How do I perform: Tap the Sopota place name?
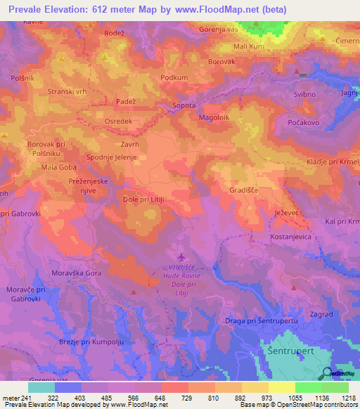pyautogui.click(x=185, y=106)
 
